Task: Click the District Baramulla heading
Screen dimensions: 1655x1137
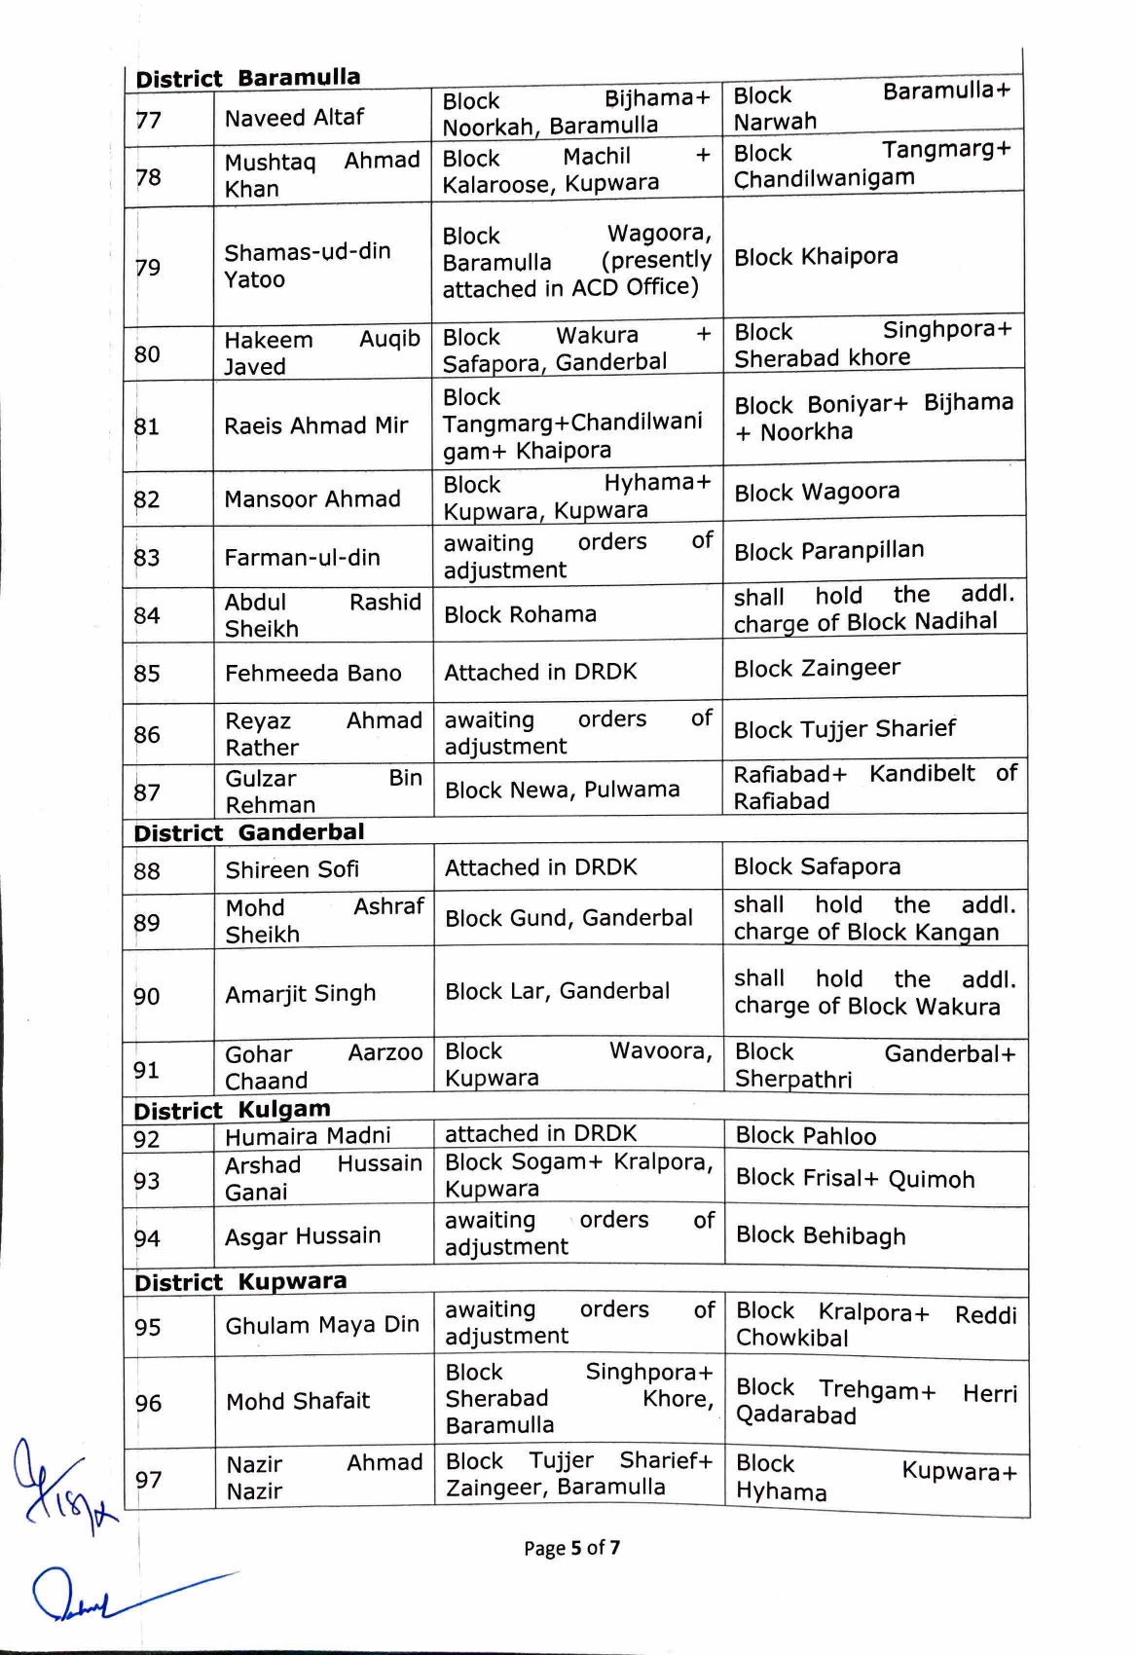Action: pos(247,78)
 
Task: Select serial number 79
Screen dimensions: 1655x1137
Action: pos(148,267)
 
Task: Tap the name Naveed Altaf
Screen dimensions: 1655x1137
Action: pos(294,118)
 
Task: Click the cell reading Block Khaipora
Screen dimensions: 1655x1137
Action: pos(816,257)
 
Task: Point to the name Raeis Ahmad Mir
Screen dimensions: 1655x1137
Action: pos(316,425)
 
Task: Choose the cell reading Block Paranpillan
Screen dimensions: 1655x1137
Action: pos(828,551)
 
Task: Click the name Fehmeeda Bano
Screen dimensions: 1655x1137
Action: pos(312,673)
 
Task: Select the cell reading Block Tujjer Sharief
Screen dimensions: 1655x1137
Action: pos(844,729)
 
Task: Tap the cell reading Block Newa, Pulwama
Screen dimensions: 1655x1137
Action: pos(562,790)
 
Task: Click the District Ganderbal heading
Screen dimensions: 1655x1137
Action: pos(248,832)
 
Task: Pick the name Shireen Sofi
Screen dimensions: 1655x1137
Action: pos(292,869)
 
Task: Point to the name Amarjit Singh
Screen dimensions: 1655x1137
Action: pos(300,994)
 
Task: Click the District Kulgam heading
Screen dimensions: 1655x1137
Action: pos(232,1110)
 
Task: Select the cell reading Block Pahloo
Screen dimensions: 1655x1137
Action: pos(806,1136)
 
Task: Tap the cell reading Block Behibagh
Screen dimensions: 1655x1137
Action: pos(821,1235)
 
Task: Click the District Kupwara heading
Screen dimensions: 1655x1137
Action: pos(239,1281)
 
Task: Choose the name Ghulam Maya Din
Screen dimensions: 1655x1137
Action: pos(322,1325)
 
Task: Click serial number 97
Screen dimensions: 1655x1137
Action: pos(149,1480)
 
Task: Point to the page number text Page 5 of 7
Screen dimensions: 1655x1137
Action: pos(571,1548)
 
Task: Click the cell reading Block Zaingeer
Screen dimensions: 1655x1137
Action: pos(817,669)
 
